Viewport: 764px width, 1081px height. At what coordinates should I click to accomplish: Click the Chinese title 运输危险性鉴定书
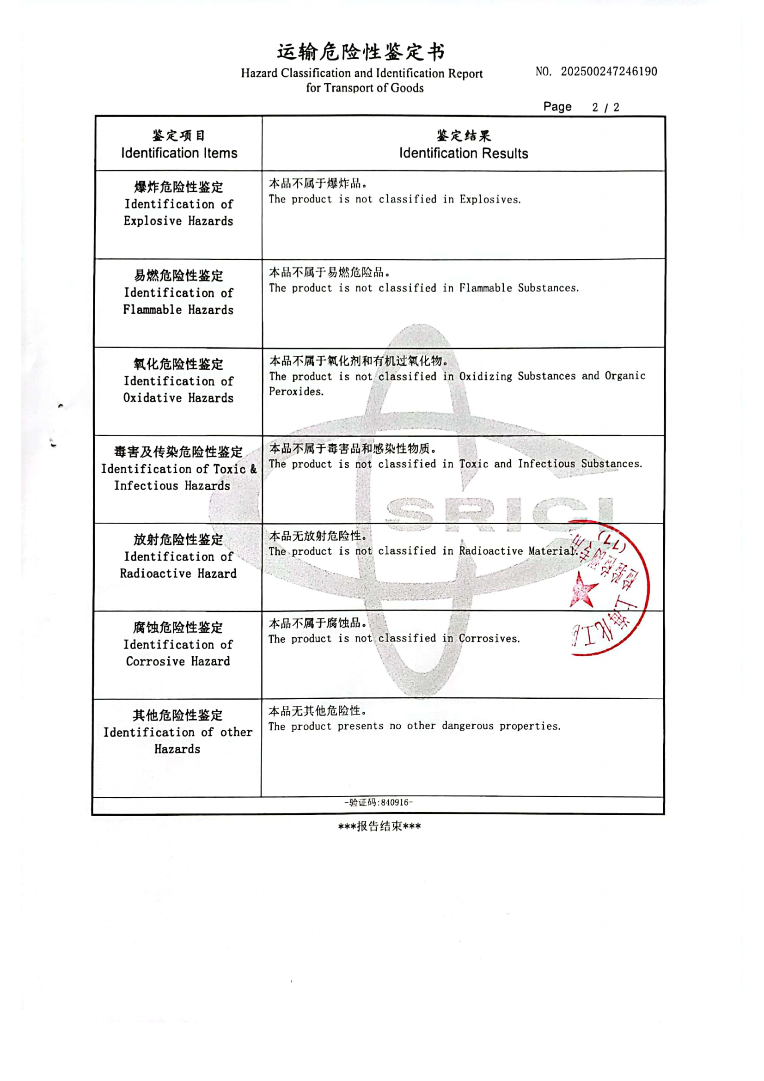pyautogui.click(x=361, y=52)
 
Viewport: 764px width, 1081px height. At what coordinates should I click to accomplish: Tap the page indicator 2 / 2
pyautogui.click(x=605, y=107)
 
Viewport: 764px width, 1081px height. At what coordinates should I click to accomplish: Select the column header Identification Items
pyautogui.click(x=179, y=153)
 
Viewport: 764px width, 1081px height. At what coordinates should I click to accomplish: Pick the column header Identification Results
pyautogui.click(x=463, y=153)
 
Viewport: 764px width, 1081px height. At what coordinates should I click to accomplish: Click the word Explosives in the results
pyautogui.click(x=489, y=200)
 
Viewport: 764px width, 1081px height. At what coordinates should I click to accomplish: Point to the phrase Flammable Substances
pyautogui.click(x=519, y=288)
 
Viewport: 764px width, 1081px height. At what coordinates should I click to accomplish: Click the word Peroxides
pyautogui.click(x=296, y=392)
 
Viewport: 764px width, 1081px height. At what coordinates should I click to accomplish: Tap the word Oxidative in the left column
pyautogui.click(x=152, y=398)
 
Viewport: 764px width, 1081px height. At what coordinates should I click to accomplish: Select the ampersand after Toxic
pyautogui.click(x=253, y=469)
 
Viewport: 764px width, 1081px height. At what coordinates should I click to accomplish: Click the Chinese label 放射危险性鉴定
pyautogui.click(x=178, y=539)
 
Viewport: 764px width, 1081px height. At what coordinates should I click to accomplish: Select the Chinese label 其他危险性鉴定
pyautogui.click(x=177, y=715)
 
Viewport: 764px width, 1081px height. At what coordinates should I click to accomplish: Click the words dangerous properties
pyautogui.click(x=501, y=726)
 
